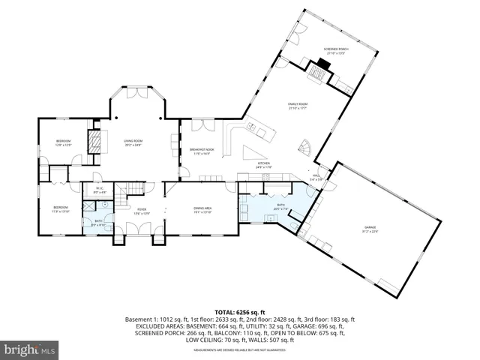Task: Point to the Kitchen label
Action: click(x=264, y=165)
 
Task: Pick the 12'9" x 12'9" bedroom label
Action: click(x=63, y=142)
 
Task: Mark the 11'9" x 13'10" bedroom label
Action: click(x=61, y=208)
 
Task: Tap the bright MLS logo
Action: click(x=30, y=349)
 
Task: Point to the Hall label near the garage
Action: click(x=318, y=178)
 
